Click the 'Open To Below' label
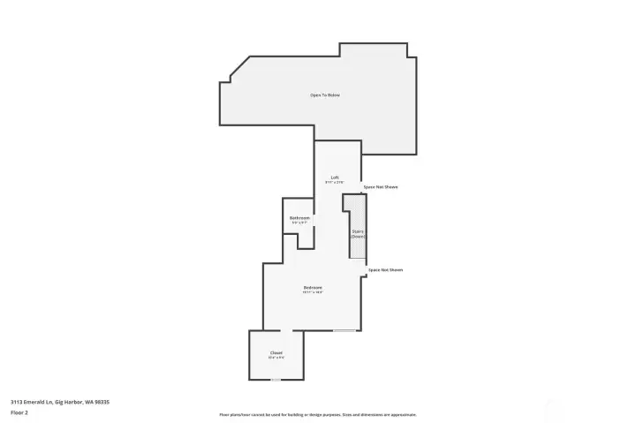click(324, 94)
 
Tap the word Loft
click(335, 178)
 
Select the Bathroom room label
click(299, 217)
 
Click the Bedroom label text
click(313, 287)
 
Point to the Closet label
click(276, 353)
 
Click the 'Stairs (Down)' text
click(358, 234)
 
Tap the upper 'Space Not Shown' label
click(381, 187)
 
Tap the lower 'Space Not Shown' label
click(385, 269)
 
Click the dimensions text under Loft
click(335, 183)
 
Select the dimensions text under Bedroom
click(313, 292)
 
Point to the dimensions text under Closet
click(276, 359)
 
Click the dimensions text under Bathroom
click(299, 223)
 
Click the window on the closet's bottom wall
click(276, 380)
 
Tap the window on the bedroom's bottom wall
click(344, 331)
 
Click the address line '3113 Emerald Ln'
click(60, 402)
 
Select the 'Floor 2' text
click(19, 412)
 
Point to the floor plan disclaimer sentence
click(318, 414)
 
